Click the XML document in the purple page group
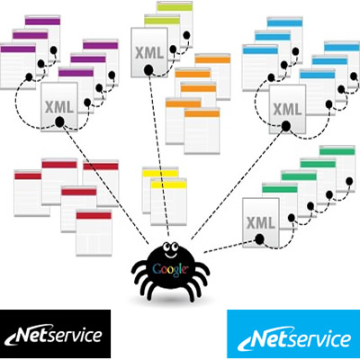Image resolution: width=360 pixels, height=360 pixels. pos(59,106)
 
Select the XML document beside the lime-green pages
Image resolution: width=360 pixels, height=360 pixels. pos(149,52)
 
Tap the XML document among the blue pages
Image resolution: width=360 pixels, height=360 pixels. pos(287,109)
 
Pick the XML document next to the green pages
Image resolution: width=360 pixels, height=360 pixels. pos(261,222)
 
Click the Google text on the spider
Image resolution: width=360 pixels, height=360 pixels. pos(170,268)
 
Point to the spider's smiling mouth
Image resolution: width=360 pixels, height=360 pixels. pos(169,256)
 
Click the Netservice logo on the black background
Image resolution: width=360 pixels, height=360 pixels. pos(55,334)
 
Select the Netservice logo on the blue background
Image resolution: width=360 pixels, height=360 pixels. pos(293,334)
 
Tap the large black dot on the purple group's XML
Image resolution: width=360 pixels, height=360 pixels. pos(59,121)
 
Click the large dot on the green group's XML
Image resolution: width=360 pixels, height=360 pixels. pos(259,239)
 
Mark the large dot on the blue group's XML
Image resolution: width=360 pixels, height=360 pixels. pos(286,126)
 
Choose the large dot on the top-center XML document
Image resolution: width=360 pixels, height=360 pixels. pos(148,70)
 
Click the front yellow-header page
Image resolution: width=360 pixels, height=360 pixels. pos(168,202)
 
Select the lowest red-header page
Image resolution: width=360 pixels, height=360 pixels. pos(94,233)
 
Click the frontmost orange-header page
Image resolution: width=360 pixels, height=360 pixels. pos(202,131)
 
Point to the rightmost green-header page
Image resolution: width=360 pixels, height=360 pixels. pos(337,168)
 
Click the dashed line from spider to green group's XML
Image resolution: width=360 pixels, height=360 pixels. pos(229,246)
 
